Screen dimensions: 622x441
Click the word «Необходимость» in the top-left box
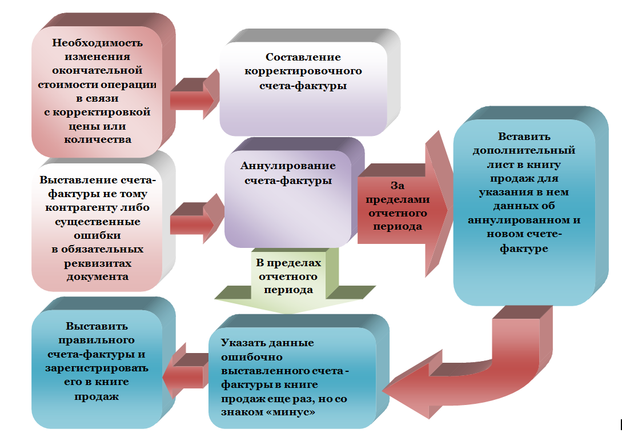(x=97, y=43)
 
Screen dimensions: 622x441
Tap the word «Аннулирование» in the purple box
(x=288, y=166)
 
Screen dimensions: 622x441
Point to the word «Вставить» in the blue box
(x=524, y=137)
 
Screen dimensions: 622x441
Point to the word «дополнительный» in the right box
(x=524, y=151)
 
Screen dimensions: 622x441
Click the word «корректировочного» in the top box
(x=303, y=71)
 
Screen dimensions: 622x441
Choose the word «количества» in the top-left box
(x=97, y=139)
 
